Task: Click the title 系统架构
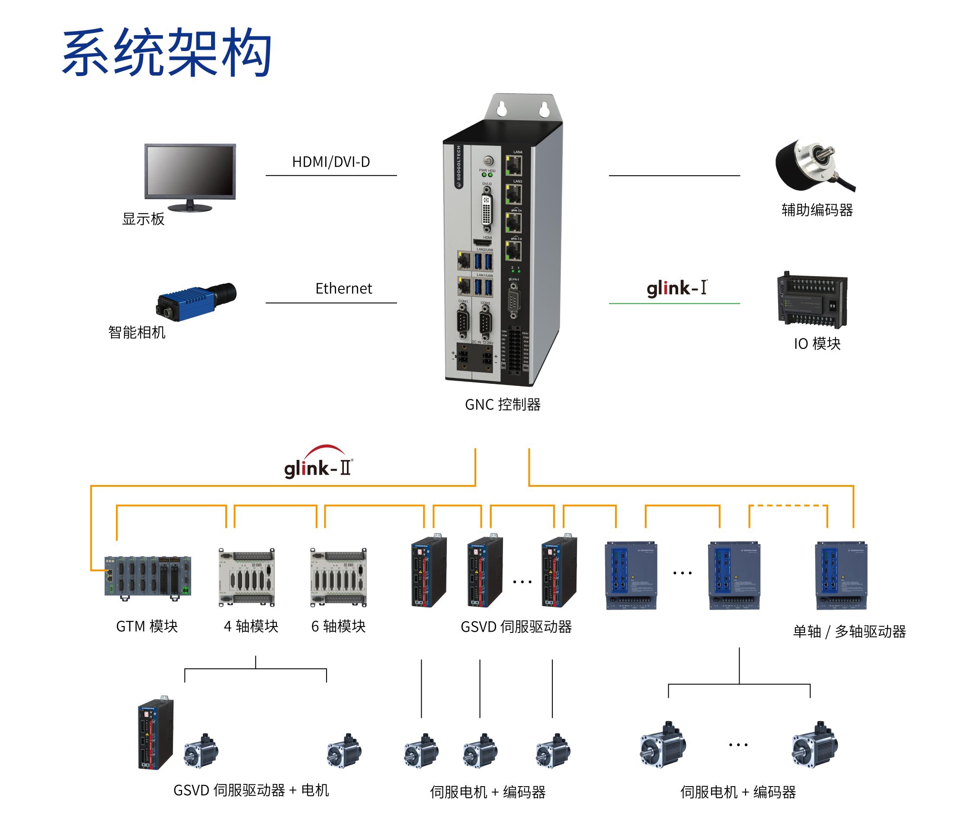(x=167, y=52)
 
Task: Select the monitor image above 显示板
(x=190, y=177)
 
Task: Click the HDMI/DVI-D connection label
(x=331, y=162)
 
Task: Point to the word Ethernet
(x=344, y=289)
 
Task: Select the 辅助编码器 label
(x=817, y=210)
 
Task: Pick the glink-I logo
(x=677, y=288)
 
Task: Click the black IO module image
(x=812, y=300)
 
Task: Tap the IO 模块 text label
(x=817, y=344)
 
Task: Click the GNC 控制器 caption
(x=503, y=405)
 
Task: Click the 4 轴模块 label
(x=251, y=626)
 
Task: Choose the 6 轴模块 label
(x=339, y=626)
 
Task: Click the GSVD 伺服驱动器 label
(x=516, y=627)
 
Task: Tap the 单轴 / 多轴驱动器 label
(x=849, y=631)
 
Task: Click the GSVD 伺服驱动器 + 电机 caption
(x=251, y=790)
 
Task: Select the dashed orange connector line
(x=788, y=506)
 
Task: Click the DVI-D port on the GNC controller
(x=487, y=211)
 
